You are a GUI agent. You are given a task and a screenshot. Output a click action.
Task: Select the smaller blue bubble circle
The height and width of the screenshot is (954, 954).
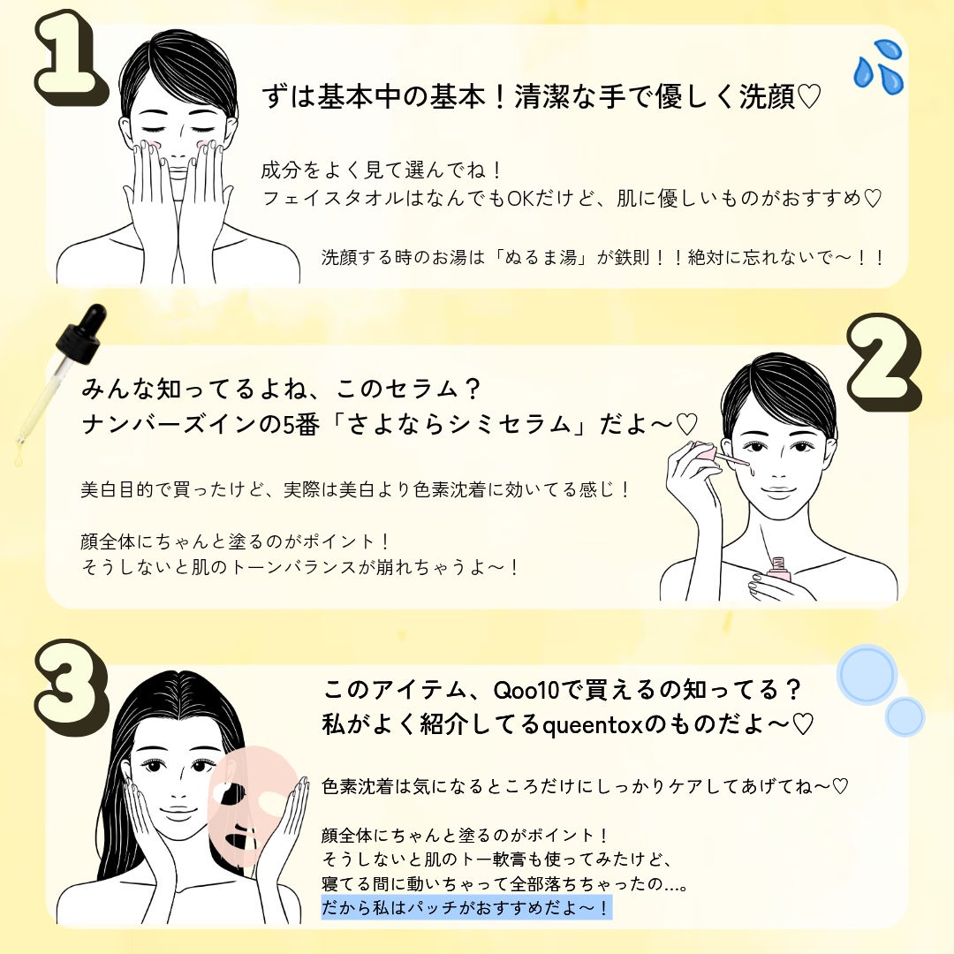(x=905, y=716)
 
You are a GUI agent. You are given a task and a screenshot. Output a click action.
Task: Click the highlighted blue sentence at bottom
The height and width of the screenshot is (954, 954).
(x=466, y=908)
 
